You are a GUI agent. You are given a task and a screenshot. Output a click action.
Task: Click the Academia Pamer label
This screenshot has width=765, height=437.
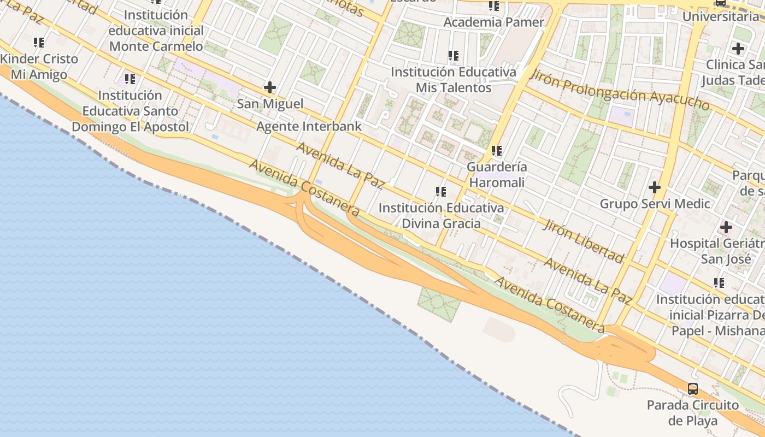click(x=494, y=22)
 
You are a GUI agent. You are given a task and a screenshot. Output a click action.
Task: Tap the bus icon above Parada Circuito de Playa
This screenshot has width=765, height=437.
click(x=693, y=389)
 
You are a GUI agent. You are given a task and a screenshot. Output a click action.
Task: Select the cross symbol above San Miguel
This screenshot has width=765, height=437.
click(x=270, y=87)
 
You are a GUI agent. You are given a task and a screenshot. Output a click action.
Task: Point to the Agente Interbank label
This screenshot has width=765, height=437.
click(x=309, y=127)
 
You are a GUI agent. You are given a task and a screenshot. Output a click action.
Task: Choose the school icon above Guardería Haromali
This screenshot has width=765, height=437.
click(x=497, y=150)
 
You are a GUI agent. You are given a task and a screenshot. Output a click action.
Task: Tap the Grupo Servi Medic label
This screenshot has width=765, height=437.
click(x=655, y=204)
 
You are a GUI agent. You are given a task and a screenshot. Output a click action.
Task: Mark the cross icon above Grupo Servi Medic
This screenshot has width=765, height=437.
click(x=655, y=188)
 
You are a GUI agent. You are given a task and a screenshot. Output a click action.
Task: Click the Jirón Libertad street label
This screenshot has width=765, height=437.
click(x=583, y=240)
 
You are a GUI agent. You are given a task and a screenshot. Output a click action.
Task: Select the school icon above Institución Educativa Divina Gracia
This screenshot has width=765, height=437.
click(x=441, y=192)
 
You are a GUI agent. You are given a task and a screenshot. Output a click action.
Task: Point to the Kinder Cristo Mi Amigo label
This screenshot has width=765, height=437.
click(x=39, y=67)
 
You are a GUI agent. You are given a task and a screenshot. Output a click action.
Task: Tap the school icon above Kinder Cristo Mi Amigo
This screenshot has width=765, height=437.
click(x=39, y=42)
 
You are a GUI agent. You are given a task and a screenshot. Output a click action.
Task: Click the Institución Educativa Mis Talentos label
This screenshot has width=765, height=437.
click(x=454, y=80)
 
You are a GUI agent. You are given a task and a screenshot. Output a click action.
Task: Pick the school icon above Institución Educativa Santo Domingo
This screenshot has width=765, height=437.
click(x=130, y=79)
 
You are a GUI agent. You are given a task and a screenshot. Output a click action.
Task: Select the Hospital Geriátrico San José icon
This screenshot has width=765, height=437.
click(x=726, y=227)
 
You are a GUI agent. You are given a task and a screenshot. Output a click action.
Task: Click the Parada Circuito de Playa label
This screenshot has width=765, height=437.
click(x=693, y=413)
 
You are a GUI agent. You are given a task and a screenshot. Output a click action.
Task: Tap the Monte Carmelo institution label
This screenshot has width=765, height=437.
click(x=156, y=31)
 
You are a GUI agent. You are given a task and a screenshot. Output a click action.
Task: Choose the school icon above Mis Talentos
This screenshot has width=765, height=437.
click(x=454, y=56)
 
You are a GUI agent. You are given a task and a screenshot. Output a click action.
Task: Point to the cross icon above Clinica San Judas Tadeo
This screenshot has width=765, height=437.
click(x=738, y=49)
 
